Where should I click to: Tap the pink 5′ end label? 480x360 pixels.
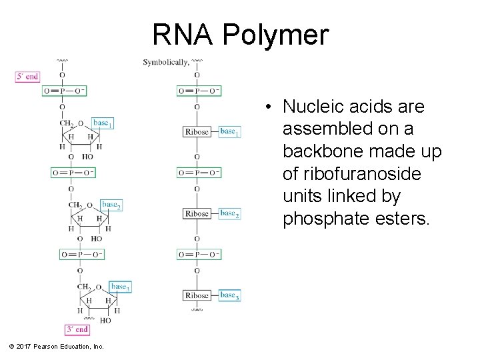27,77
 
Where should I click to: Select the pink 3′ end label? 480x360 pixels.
77,329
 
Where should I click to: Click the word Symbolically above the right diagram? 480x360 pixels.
165,63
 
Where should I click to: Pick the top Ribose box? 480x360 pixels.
197,131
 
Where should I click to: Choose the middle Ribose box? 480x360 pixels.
197,213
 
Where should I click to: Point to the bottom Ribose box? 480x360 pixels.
197,295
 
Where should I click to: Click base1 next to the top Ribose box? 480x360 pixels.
229,131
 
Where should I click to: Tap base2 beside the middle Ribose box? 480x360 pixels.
229,213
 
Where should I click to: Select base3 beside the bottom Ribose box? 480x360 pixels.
229,295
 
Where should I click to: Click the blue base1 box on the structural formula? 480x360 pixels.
102,123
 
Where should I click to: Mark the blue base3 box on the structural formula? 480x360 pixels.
120,287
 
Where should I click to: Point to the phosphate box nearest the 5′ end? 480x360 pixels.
64,91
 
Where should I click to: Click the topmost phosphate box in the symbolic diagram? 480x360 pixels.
199,91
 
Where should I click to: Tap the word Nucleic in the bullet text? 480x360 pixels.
311,107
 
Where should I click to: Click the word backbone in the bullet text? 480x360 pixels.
317,152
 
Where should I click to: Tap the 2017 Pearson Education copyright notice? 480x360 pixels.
57,347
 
